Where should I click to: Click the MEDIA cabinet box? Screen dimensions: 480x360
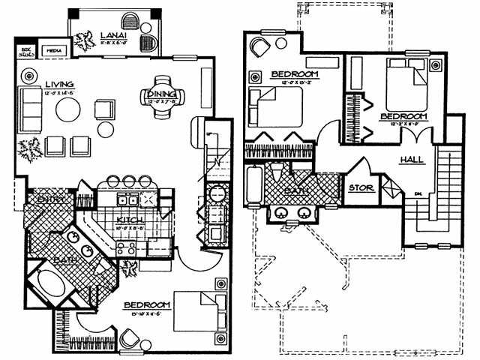(54, 52)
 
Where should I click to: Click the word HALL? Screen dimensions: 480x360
(412, 159)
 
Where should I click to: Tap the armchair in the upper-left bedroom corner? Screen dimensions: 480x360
(259, 46)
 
